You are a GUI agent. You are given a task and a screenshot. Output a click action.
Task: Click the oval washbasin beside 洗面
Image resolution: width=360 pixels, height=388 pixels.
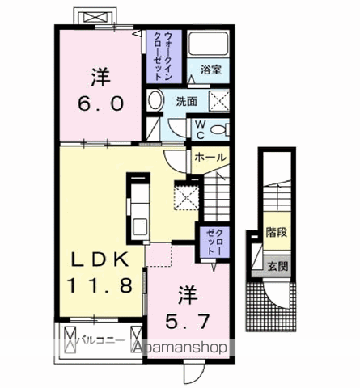tap(155, 101)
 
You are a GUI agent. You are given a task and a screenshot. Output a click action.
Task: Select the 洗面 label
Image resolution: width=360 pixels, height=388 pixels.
tap(185, 102)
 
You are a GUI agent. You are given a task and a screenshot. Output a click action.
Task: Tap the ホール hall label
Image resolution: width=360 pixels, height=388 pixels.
tap(209, 157)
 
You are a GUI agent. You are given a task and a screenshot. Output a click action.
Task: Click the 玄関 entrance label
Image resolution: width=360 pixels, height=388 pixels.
tap(277, 264)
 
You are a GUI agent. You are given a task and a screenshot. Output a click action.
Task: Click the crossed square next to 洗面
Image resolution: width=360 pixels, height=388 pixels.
tap(218, 101)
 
